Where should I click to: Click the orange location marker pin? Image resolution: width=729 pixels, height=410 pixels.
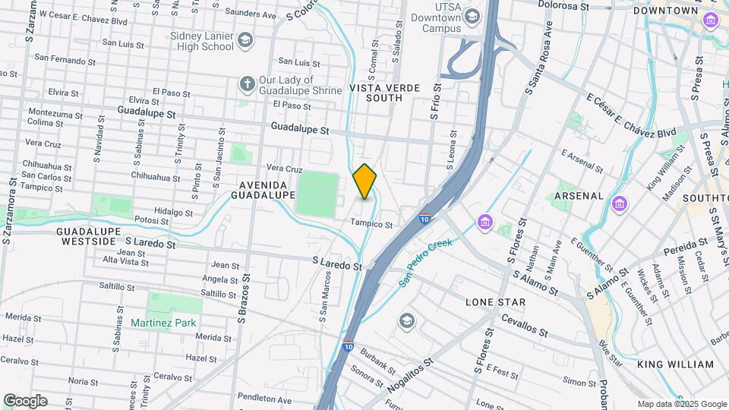[x=365, y=181]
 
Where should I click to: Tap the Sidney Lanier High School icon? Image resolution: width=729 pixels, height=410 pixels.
[x=245, y=39]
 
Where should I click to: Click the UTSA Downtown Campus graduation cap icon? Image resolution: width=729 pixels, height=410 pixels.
[x=472, y=16]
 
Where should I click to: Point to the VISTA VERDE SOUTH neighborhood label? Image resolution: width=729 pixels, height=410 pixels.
[x=384, y=93]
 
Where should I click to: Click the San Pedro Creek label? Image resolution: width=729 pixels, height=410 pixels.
[x=426, y=263]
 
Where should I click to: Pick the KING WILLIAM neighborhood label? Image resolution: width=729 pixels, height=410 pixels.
[x=675, y=364]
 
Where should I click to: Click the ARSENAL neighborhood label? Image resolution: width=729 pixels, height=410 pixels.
[x=579, y=196]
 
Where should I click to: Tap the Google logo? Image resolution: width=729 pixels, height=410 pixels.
[x=25, y=400]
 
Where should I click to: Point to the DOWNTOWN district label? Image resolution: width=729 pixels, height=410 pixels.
[x=665, y=11]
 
